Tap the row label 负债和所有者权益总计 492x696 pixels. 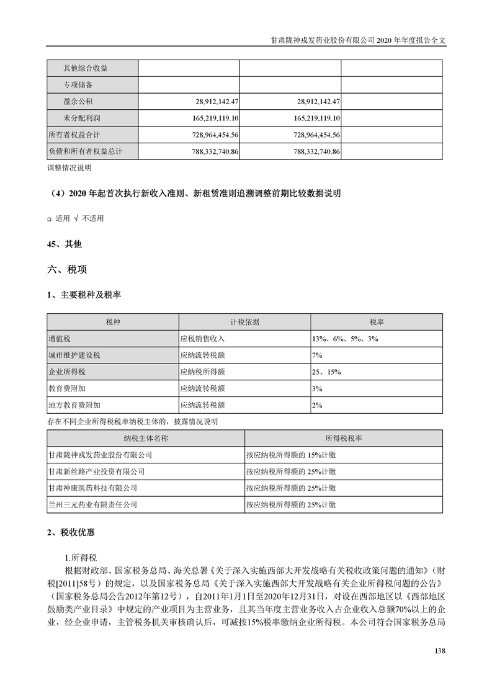click(x=86, y=151)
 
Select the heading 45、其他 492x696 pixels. click(x=64, y=244)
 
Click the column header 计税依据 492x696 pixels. click(x=244, y=322)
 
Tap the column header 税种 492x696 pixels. click(x=113, y=322)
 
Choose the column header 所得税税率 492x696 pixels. click(x=344, y=438)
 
